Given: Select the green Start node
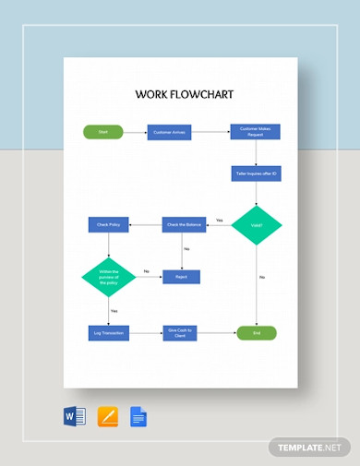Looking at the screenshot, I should point(103,132).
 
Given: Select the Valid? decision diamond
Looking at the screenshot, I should point(256,224).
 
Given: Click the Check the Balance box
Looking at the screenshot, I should point(182,224).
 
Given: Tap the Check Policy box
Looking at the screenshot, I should point(108,224).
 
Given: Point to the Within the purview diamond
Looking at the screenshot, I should point(108,276).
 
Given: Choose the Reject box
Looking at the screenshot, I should point(182,276).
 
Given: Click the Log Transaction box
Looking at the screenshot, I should point(108,331).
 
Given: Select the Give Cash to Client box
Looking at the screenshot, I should point(182,331).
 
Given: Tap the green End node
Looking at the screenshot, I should point(256,331).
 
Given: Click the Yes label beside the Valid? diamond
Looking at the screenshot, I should point(220,220).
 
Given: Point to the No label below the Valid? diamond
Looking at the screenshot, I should point(262,277).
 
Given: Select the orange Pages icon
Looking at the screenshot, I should point(107,416).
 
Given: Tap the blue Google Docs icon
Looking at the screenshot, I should point(138,416).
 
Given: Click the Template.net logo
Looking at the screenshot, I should point(308,447).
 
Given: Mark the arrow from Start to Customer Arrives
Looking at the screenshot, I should point(134,132).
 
